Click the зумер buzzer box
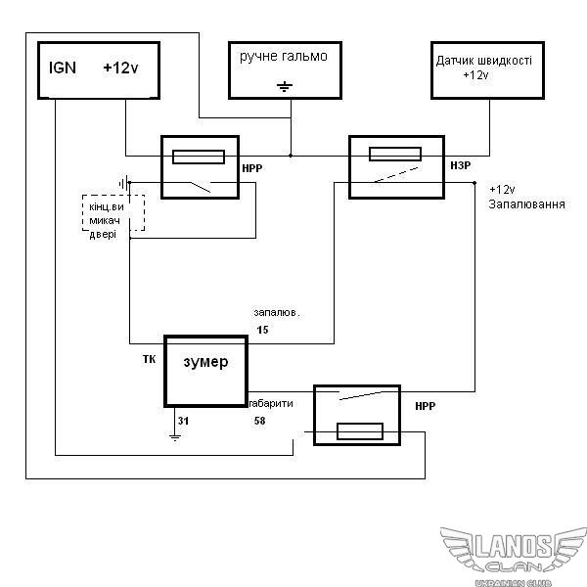tap(205, 372)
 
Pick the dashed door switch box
tap(113, 213)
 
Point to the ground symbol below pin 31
tap(176, 432)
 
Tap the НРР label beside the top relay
tap(250, 168)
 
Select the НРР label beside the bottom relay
tap(426, 405)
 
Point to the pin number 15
tap(262, 331)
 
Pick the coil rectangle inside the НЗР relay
tap(393, 153)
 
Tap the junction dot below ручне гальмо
tap(291, 155)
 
